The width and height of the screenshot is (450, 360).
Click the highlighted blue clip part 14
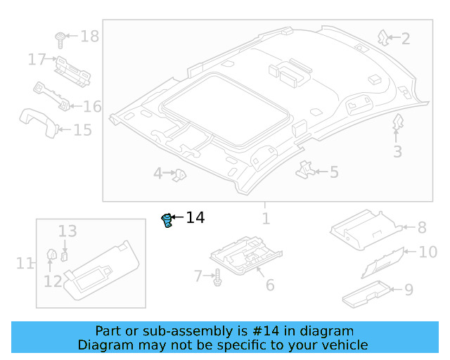(x=167, y=221)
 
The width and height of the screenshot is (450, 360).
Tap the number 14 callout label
(x=195, y=218)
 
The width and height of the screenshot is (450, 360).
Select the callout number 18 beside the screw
(x=89, y=37)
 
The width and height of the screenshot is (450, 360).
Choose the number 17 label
(x=37, y=60)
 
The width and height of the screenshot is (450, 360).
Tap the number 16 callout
(x=93, y=107)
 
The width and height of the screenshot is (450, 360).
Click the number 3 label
(x=397, y=151)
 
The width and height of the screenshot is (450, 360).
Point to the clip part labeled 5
(x=306, y=169)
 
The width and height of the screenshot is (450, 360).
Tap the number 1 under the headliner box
(x=266, y=219)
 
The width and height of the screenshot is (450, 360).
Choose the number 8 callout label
(x=422, y=227)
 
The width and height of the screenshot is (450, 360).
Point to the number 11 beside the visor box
(x=25, y=264)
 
